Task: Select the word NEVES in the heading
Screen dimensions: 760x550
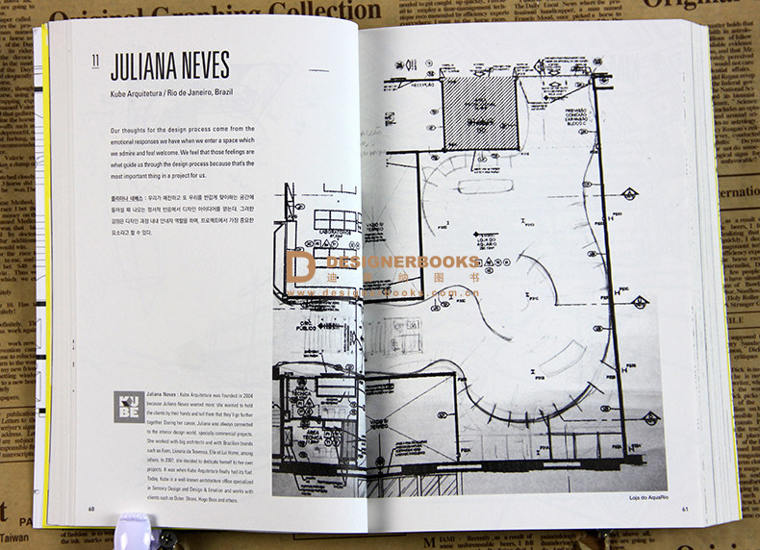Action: pyautogui.click(x=205, y=65)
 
